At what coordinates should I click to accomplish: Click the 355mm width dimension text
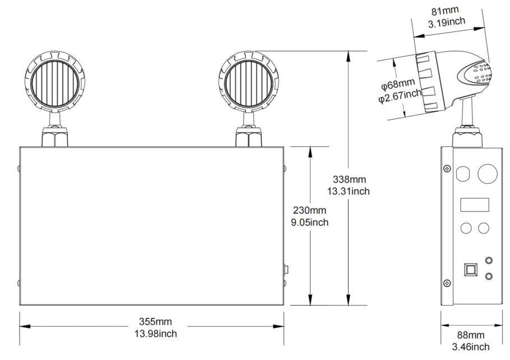point(155,322)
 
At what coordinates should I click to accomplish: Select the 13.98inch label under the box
point(155,334)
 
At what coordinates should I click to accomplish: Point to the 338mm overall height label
point(349,179)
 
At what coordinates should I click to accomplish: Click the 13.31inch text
point(349,191)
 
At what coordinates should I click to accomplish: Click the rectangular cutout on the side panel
point(474,205)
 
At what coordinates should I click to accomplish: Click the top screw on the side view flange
point(447,169)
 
